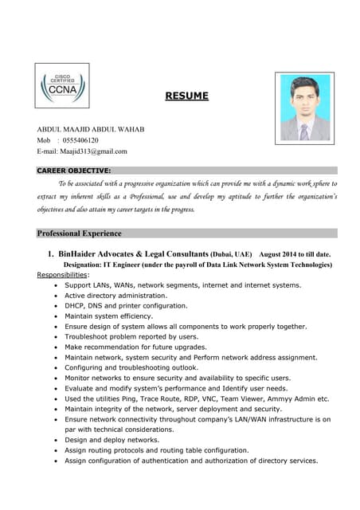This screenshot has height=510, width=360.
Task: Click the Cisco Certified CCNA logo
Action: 61,97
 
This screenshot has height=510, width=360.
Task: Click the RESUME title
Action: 186,96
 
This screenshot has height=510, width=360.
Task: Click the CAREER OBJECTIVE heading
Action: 74,171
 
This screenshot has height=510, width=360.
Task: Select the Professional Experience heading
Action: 80,233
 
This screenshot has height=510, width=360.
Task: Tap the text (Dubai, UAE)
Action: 231,254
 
